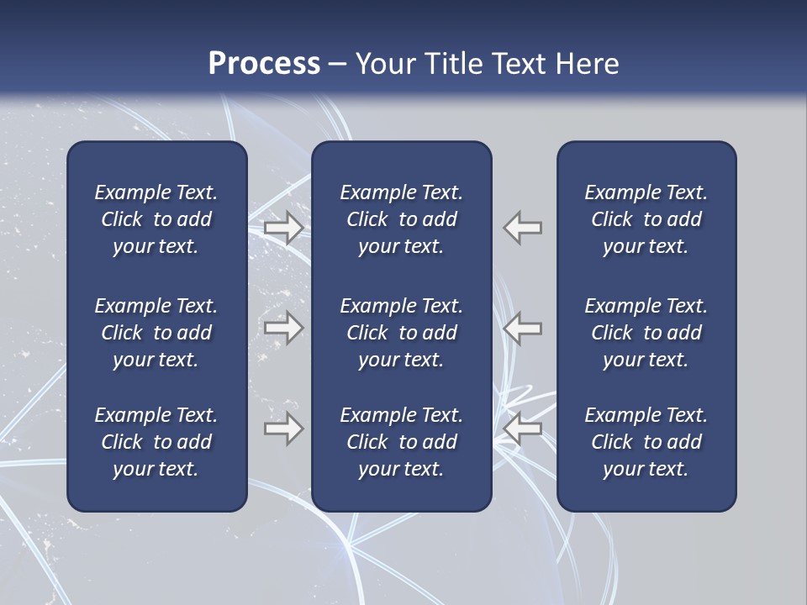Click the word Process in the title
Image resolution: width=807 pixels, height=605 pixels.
[x=264, y=64]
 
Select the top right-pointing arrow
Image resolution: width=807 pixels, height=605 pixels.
[x=284, y=227]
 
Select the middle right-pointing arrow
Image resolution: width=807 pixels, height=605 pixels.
[x=284, y=328]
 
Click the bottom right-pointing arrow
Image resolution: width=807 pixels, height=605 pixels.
[x=284, y=429]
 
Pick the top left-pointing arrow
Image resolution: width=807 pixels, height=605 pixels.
[x=523, y=227]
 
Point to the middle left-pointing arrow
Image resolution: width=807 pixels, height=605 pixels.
[x=523, y=328]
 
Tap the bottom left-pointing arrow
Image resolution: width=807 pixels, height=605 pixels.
[x=523, y=429]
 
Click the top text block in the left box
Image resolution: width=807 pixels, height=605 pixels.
[x=156, y=219]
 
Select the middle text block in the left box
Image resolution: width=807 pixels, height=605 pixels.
[x=156, y=333]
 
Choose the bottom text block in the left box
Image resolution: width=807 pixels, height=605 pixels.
[x=156, y=442]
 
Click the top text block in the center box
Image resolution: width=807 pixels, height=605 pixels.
[x=401, y=219]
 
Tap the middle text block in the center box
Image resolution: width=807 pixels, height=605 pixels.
[x=401, y=333]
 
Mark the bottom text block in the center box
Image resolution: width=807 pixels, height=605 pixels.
[x=401, y=442]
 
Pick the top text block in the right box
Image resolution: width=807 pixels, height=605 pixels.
[x=646, y=219]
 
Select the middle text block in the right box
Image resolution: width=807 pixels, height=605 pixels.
[x=646, y=333]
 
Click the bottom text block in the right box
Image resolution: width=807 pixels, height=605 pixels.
[x=646, y=442]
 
